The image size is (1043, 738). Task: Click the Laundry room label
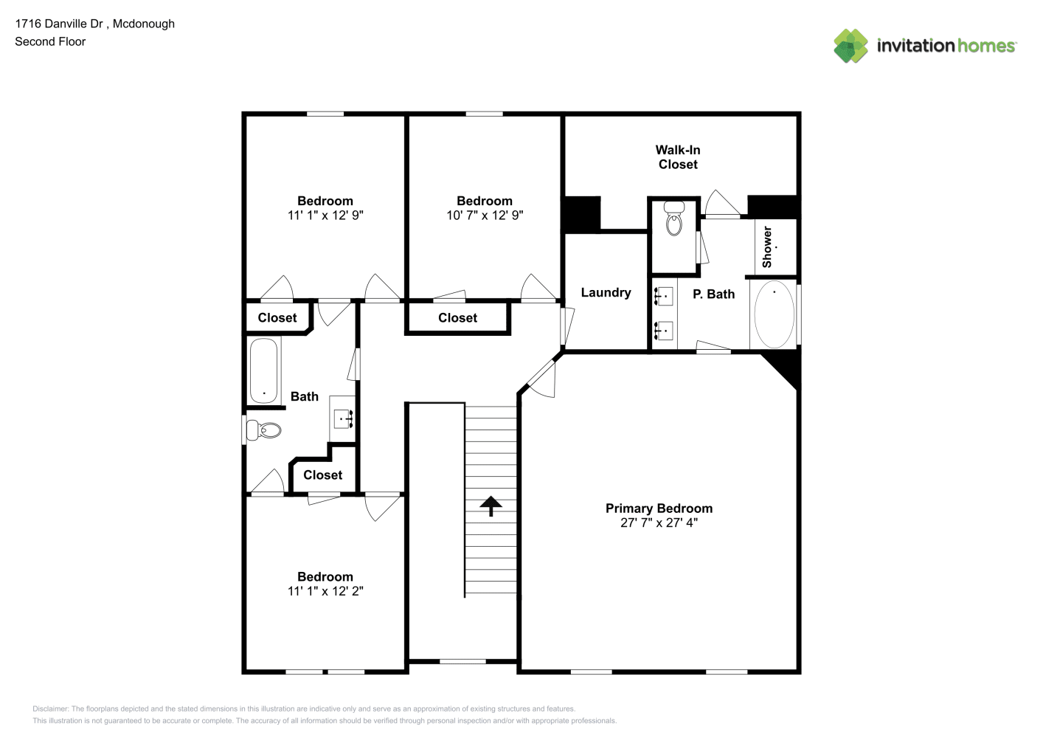[606, 292]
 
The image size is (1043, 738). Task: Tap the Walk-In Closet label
[678, 157]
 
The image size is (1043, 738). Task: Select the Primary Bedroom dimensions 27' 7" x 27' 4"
[659, 523]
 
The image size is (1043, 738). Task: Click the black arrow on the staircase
[491, 506]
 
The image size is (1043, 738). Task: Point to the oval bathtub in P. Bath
[775, 314]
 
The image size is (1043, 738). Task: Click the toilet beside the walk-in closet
[673, 218]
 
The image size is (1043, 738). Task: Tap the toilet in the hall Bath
[263, 430]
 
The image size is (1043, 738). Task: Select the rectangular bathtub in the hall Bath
[263, 370]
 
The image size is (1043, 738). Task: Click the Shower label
[767, 247]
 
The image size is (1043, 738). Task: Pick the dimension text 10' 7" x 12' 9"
[485, 215]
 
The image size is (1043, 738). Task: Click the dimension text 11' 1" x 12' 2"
[325, 591]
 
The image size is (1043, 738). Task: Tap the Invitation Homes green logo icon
[850, 46]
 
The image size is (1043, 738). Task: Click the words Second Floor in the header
[50, 41]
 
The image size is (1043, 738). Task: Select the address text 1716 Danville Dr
[59, 24]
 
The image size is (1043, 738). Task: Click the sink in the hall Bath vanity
[344, 419]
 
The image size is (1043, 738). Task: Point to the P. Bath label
[714, 294]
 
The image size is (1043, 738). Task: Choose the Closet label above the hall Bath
[277, 318]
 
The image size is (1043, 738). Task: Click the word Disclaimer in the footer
[50, 708]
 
